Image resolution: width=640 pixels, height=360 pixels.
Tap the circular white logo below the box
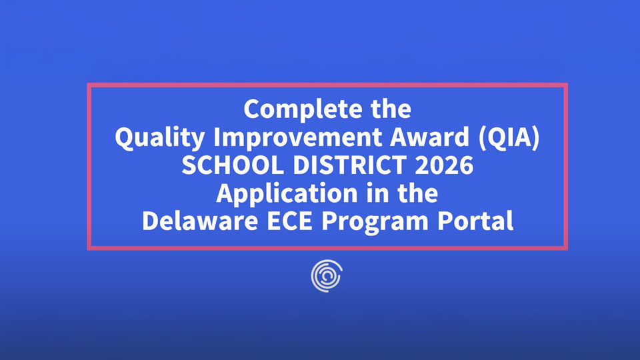327,275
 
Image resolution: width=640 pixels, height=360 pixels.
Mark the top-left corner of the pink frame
89,85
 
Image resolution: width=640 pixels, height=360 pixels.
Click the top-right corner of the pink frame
565,85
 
